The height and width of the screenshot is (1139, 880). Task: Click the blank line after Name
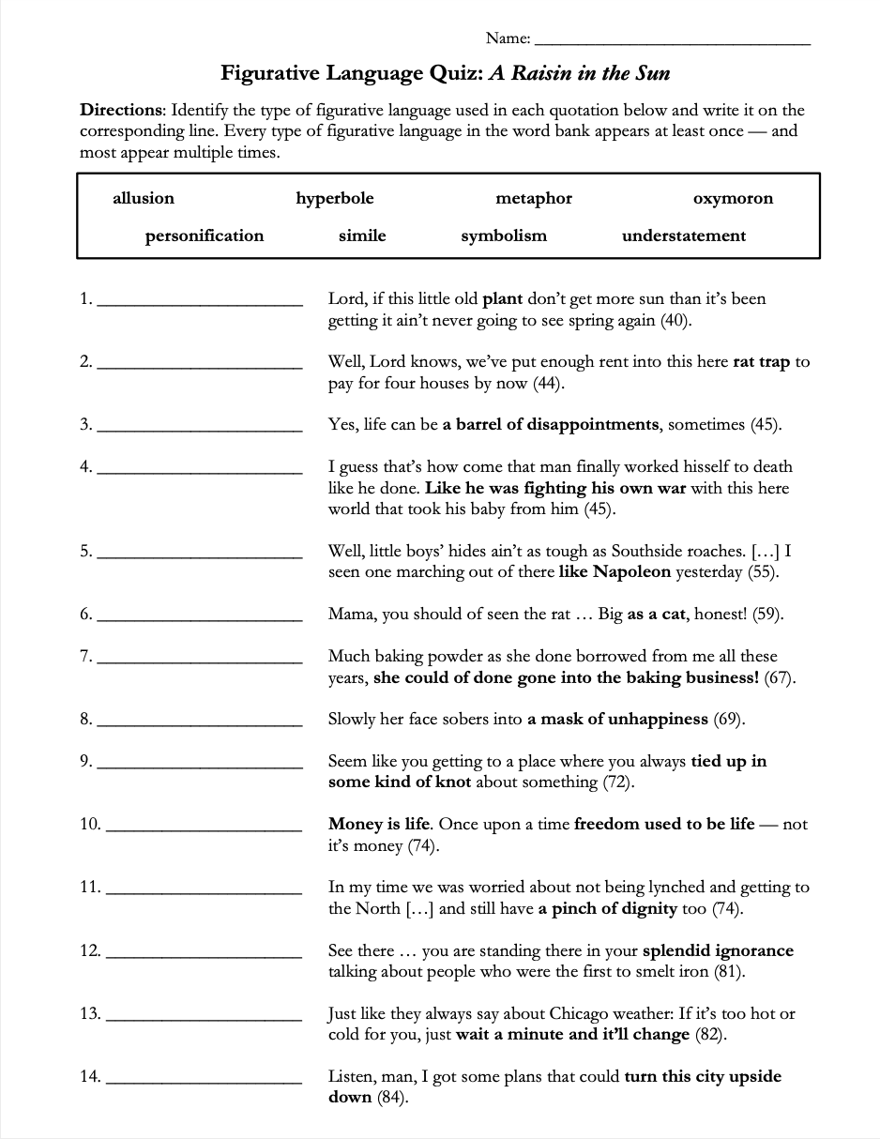tap(672, 42)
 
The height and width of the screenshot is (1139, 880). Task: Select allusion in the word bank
tap(144, 198)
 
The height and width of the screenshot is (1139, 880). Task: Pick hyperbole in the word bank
tap(335, 198)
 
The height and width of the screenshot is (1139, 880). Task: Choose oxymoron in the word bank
tap(733, 198)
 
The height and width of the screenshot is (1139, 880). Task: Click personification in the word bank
tap(205, 235)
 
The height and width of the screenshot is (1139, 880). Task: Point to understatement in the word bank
tap(684, 235)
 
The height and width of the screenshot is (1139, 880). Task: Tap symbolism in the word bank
tap(504, 235)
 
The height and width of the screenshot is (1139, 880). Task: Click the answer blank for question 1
tap(200, 305)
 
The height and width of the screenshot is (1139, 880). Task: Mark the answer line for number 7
tap(200, 662)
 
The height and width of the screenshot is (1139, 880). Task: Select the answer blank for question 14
tap(205, 1083)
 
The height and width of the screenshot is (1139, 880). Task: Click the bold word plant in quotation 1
tap(502, 299)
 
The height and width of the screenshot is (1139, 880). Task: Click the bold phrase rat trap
tap(761, 362)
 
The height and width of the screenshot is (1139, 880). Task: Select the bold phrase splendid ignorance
tap(718, 950)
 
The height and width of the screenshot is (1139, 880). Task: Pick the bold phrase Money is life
tap(379, 824)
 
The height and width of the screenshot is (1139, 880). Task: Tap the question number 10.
tap(90, 824)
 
